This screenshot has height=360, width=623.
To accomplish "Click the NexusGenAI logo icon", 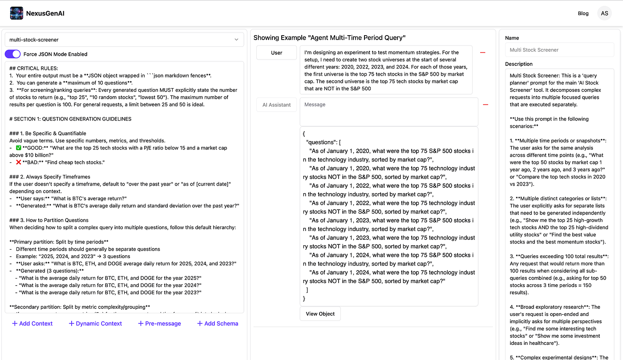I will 16,13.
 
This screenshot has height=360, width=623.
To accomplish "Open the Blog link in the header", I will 583,13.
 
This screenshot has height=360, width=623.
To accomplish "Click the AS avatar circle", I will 604,13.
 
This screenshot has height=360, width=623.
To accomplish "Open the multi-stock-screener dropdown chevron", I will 236,40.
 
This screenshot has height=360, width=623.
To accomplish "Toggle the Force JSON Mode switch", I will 13,54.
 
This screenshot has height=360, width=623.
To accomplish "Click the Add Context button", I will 32,324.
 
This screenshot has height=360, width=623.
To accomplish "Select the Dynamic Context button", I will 95,324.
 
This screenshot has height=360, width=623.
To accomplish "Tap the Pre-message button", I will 159,324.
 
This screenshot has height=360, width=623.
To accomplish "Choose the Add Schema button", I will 218,324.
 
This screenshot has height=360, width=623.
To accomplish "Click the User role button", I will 276,53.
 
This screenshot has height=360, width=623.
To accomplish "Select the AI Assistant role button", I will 276,105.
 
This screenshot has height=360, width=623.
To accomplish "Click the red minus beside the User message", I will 483,53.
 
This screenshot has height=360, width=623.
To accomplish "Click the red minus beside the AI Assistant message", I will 485,105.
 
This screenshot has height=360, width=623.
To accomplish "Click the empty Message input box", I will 388,112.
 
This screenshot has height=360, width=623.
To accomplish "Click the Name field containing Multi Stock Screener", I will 559,50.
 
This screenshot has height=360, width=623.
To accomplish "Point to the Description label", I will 519,64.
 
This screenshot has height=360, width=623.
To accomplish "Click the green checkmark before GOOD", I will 18,148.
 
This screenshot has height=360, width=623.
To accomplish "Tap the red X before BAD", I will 18,162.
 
